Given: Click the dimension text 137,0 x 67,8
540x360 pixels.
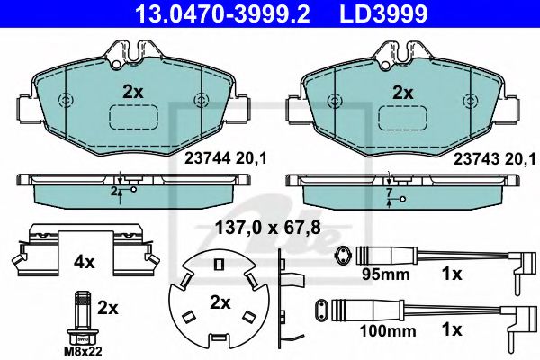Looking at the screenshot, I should pyautogui.click(x=266, y=229).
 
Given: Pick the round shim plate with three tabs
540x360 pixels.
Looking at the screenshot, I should pyautogui.click(x=219, y=299).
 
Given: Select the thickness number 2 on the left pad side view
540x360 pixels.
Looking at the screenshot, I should pyautogui.click(x=115, y=192).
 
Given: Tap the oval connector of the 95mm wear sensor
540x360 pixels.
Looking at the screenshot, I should pyautogui.click(x=340, y=256).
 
